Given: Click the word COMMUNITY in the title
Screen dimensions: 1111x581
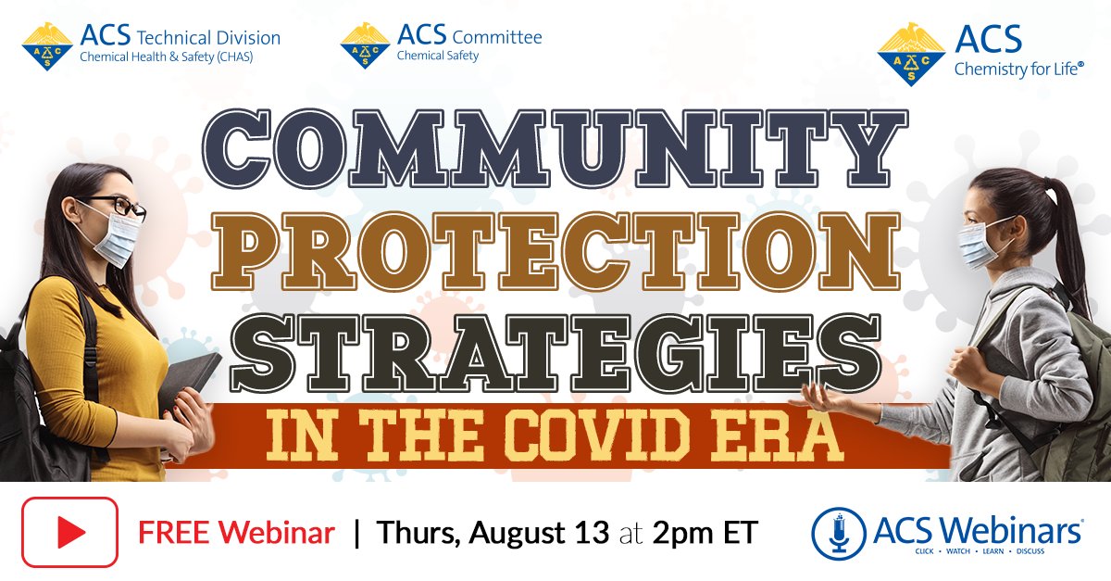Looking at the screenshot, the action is (x=555, y=148).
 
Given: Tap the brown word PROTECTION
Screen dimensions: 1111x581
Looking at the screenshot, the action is (x=555, y=251).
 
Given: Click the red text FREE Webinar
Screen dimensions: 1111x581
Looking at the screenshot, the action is (x=236, y=533).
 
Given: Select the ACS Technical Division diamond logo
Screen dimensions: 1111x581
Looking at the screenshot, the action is (x=47, y=46).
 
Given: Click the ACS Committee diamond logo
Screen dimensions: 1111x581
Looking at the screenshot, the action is (x=365, y=45).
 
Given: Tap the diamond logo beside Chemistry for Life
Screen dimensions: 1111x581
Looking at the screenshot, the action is (x=911, y=54).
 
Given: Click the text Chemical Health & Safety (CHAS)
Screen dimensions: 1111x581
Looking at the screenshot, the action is (x=166, y=57).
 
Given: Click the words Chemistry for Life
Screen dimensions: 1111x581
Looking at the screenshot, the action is (x=1018, y=69).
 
